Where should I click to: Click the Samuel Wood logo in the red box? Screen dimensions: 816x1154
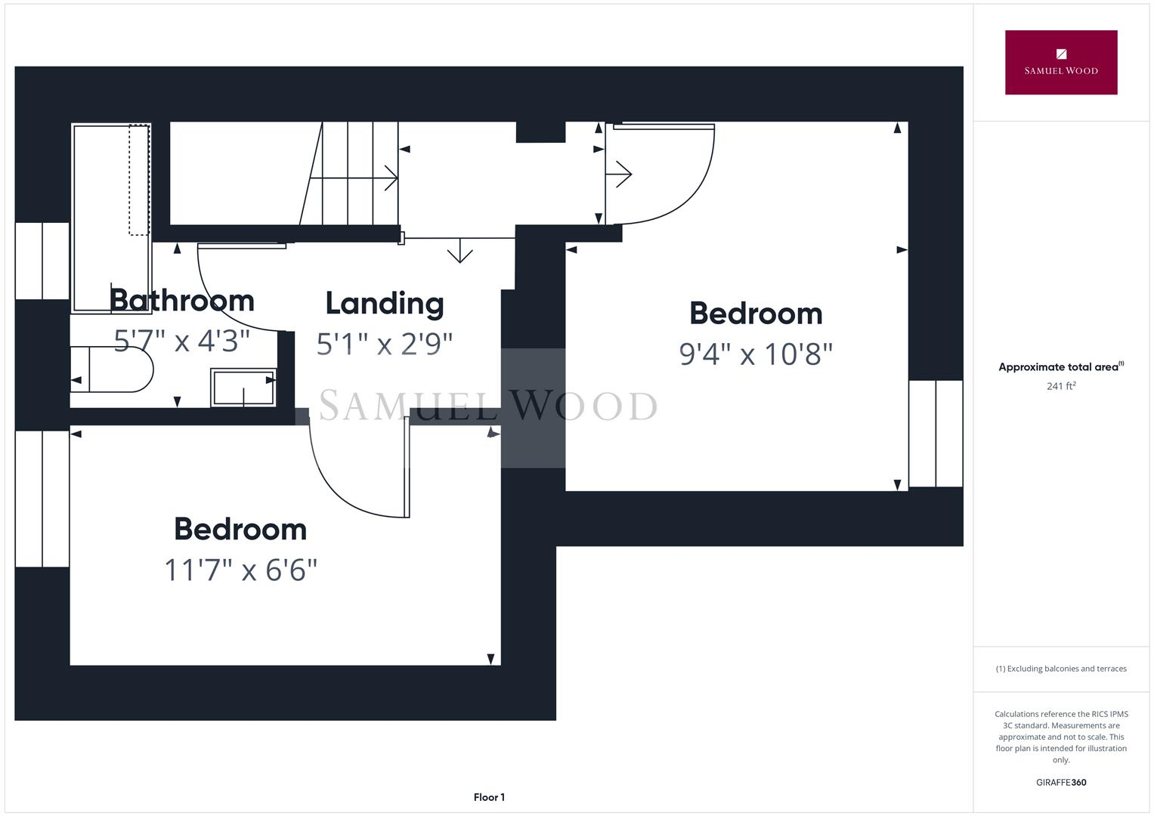click(1060, 63)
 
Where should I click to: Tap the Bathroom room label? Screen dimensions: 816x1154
click(181, 301)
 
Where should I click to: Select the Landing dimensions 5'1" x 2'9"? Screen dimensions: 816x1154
click(384, 344)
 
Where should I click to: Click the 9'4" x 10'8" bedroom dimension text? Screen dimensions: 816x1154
click(756, 354)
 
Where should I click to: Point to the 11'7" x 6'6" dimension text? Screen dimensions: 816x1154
click(240, 570)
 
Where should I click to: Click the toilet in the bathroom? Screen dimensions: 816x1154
click(112, 369)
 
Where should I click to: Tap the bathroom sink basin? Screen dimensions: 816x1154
click(243, 388)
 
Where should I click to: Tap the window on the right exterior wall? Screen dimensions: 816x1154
click(936, 434)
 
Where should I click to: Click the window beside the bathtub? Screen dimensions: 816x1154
click(42, 261)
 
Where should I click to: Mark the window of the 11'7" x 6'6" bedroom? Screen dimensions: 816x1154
click(42, 499)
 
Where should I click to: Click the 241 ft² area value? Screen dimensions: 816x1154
click(1060, 386)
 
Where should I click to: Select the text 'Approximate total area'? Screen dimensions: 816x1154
click(1058, 367)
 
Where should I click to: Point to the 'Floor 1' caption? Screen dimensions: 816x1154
click(489, 797)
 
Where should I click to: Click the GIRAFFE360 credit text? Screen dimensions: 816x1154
click(1060, 782)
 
